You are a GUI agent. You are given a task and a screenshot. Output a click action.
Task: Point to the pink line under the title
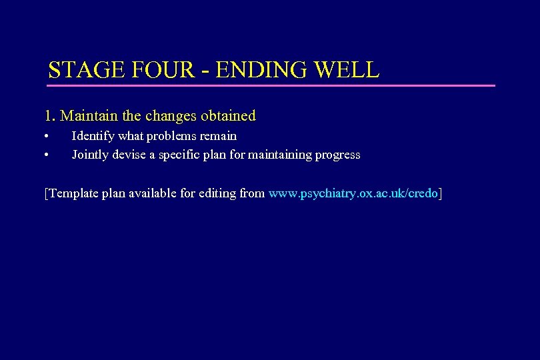(x=271, y=85)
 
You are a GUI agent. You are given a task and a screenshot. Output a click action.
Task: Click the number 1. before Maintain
(x=50, y=116)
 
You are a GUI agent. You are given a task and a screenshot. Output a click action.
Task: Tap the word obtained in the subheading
(x=227, y=116)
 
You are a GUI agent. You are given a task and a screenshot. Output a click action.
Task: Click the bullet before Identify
(x=47, y=137)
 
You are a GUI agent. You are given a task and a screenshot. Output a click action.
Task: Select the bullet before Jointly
(x=47, y=155)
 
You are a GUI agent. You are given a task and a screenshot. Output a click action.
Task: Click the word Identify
(x=93, y=136)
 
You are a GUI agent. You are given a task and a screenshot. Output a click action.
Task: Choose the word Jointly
(x=91, y=155)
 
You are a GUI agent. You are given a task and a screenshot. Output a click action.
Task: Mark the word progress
(x=337, y=155)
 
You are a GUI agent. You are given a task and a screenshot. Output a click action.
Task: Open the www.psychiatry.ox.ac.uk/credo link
(x=353, y=194)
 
